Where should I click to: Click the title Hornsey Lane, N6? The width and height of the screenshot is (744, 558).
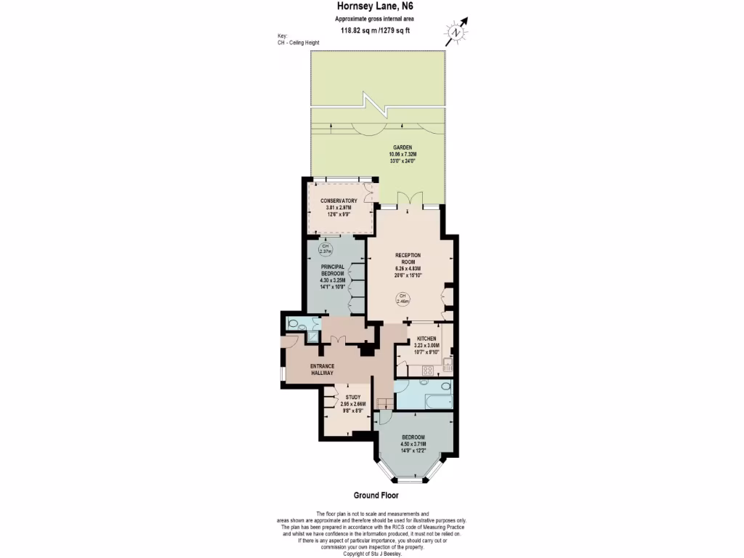click(376, 7)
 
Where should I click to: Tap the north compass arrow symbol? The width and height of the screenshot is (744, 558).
click(457, 31)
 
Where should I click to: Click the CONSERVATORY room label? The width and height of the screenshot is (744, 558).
click(339, 201)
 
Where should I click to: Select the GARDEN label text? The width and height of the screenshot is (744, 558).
click(403, 147)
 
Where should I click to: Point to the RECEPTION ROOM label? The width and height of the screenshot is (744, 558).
click(408, 259)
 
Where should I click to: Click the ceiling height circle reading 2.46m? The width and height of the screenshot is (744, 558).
click(403, 298)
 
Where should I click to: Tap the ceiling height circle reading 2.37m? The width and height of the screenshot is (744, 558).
click(326, 248)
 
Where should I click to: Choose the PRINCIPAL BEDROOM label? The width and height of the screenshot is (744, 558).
click(332, 270)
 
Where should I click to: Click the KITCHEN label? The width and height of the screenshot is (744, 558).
click(426, 339)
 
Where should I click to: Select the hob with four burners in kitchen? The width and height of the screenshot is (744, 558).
click(429, 369)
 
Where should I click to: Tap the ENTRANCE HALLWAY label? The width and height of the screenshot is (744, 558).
click(322, 368)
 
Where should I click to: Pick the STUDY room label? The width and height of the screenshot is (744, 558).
click(353, 397)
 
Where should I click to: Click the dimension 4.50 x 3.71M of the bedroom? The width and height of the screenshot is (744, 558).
click(413, 443)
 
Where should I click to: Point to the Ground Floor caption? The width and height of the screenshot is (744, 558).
click(376, 496)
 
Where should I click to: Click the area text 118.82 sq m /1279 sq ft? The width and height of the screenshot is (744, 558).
click(376, 31)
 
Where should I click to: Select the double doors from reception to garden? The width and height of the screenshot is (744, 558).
click(411, 201)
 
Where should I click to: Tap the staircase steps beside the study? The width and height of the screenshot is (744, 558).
click(383, 403)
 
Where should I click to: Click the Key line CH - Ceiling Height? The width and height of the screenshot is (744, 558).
click(298, 43)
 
